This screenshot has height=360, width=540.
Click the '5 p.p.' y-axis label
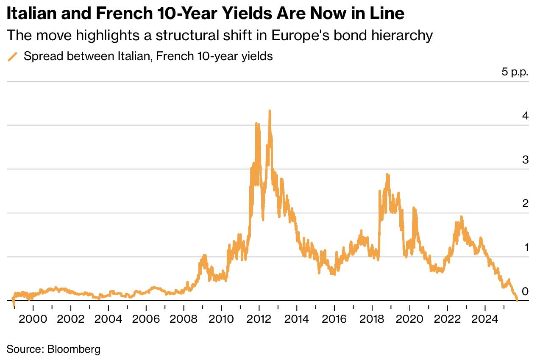[515, 72]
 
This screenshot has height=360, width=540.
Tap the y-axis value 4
[525, 116]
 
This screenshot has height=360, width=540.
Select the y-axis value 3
[525, 160]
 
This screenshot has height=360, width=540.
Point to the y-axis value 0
[525, 291]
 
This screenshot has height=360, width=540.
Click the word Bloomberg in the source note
[74, 349]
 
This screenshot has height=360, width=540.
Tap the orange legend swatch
[13, 57]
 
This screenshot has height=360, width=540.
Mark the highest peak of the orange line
[270, 111]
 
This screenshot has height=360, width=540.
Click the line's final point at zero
[517, 300]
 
